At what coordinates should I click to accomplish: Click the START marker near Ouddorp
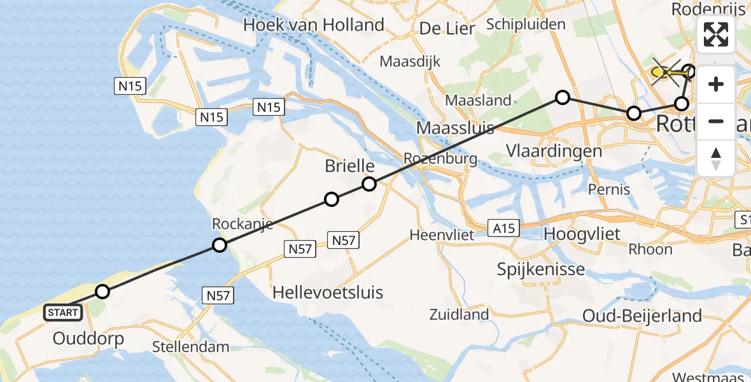click(63, 312)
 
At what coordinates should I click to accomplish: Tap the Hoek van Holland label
click(314, 25)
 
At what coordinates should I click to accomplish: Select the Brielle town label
click(349, 166)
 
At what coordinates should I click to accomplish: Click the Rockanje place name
click(242, 224)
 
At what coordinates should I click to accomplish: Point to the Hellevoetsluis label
click(328, 292)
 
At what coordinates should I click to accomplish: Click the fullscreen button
click(716, 34)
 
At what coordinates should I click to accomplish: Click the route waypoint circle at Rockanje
click(220, 245)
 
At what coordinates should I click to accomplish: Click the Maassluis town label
click(455, 128)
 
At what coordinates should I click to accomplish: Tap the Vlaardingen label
click(554, 151)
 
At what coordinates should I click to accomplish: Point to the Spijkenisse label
click(541, 269)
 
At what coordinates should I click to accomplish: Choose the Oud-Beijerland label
click(642, 315)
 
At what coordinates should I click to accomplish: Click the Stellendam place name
click(190, 347)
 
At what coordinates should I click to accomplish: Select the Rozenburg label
click(440, 159)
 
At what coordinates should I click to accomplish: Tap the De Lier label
click(447, 29)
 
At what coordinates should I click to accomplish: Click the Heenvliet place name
click(442, 235)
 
